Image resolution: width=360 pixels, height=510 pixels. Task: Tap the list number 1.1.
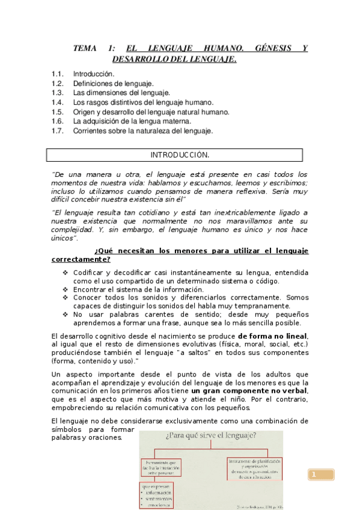click(58, 74)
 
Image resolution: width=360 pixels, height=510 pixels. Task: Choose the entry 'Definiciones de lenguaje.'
click(114, 84)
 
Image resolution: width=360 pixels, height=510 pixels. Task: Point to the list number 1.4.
click(58, 103)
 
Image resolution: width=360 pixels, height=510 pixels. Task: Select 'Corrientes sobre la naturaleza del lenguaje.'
click(143, 131)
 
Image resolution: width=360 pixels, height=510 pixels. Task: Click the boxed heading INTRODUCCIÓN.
click(180, 155)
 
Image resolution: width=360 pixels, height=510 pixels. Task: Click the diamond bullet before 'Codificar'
click(66, 272)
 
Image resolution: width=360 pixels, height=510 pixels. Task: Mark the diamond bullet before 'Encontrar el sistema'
click(66, 289)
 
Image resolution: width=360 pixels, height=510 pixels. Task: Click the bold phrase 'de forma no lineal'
click(272, 336)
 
